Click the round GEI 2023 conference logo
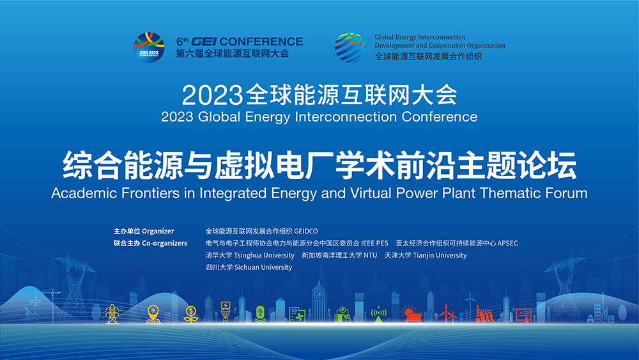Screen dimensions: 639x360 (149, 47)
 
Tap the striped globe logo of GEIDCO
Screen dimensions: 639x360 (350, 47)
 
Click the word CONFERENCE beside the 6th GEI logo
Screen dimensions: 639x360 (261, 42)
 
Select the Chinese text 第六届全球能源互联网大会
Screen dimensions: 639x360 (233, 54)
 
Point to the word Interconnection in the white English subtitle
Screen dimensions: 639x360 (346, 117)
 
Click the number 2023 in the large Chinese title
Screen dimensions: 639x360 (212, 95)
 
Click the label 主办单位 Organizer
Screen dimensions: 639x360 (144, 231)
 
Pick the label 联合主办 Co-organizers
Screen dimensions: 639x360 (150, 244)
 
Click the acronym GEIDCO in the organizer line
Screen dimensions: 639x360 (306, 231)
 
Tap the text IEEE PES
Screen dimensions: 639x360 (374, 244)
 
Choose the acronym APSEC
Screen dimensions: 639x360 (508, 244)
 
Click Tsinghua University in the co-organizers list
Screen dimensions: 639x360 (264, 255)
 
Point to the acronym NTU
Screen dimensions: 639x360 (371, 255)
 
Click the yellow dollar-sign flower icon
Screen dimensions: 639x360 (190, 315)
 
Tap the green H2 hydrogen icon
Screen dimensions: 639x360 (261, 315)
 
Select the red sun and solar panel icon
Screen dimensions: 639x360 (411, 314)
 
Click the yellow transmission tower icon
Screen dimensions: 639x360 (112, 314)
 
